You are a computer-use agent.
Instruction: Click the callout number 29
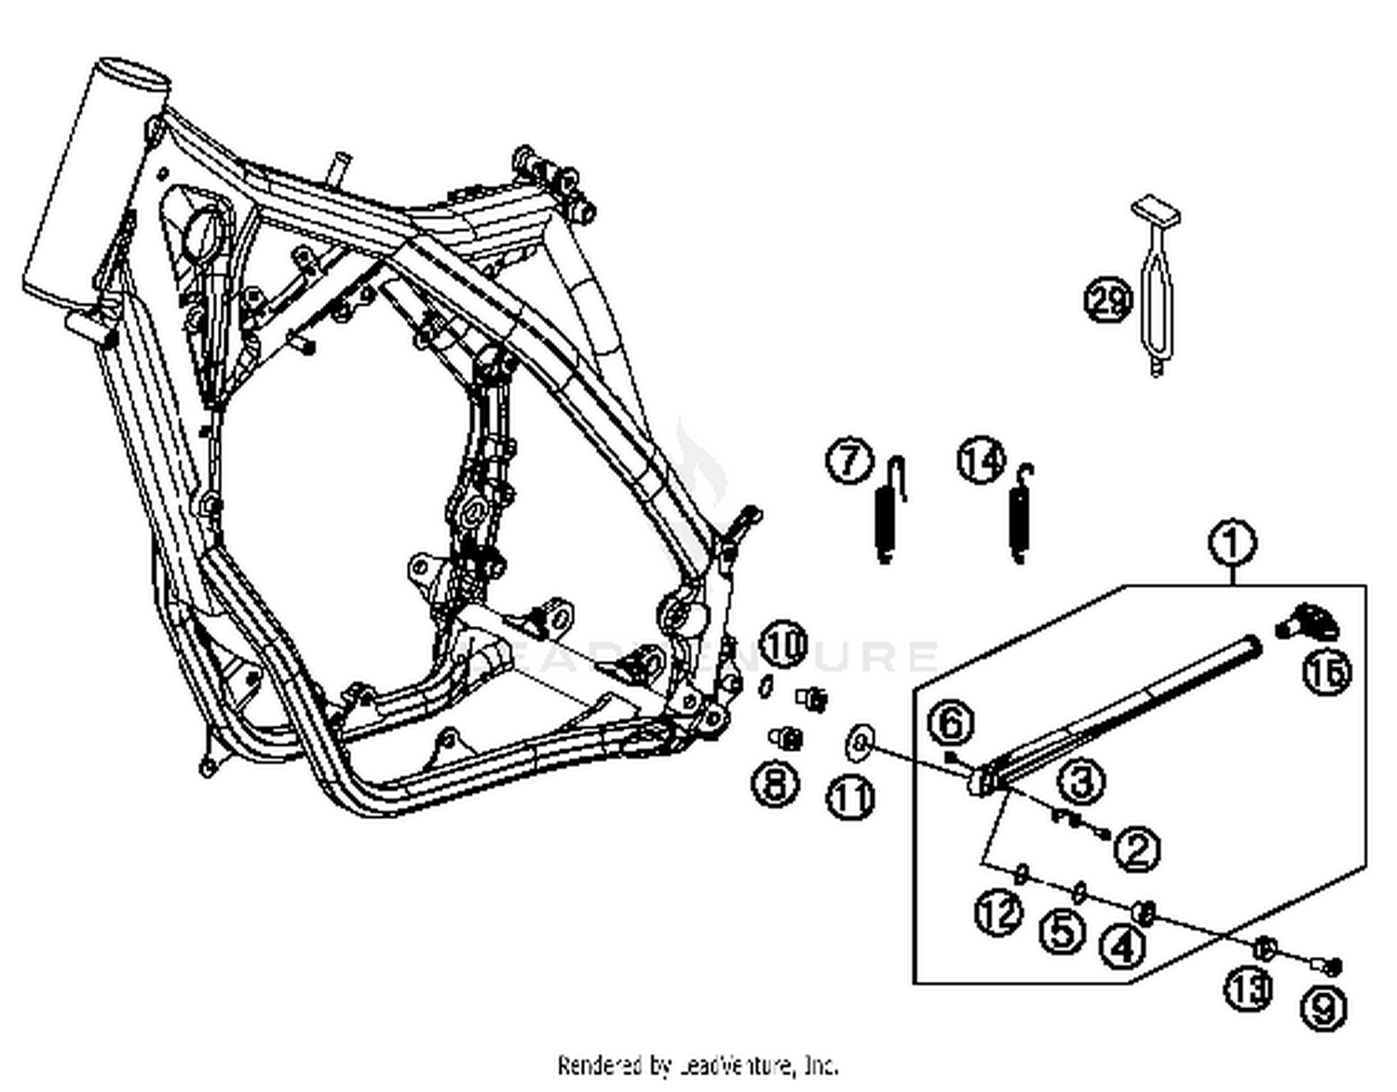pos(1107,301)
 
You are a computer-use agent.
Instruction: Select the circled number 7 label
pos(849,462)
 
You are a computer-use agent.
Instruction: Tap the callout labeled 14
pos(982,460)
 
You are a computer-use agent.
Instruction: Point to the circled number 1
pos(1232,543)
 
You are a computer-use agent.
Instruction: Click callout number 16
pos(1327,672)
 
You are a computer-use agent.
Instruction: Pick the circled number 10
pos(784,645)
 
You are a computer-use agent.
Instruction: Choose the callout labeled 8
pos(776,784)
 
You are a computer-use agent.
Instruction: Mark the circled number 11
pos(851,799)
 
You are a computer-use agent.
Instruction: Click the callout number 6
pos(951,723)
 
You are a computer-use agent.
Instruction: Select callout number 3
pos(1081,780)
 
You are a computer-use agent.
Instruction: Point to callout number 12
pos(997,913)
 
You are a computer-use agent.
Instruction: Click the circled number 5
pos(1063,931)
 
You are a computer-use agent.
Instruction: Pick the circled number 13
pos(1248,989)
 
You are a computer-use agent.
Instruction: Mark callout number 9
pos(1323,1008)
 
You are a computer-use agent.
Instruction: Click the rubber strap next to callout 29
pos(1157,289)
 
